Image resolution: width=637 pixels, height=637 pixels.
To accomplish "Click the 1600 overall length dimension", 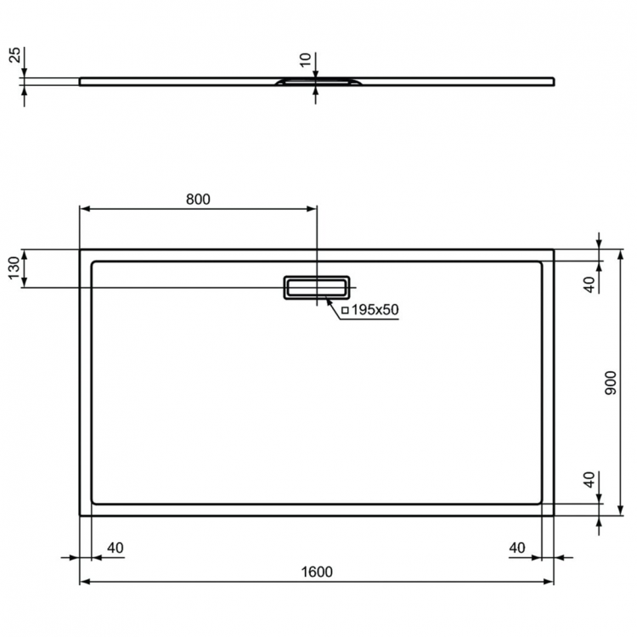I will click(316, 572).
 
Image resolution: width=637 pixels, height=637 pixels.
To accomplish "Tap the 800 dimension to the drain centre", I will click(197, 200).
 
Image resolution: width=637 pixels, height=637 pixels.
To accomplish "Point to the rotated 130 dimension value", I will click(14, 269).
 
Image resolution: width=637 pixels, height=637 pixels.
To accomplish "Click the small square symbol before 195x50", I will click(345, 311).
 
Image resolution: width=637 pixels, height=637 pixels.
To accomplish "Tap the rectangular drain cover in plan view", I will click(316, 288).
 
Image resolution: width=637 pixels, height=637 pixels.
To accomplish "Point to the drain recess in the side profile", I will click(316, 82).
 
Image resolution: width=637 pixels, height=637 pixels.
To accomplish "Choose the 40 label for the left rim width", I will click(116, 548).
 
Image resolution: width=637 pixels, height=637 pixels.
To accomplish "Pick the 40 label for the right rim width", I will click(518, 548).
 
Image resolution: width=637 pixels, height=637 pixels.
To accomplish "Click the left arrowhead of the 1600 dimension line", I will click(83, 583).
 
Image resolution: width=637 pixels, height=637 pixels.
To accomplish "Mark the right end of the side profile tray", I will click(554, 82).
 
